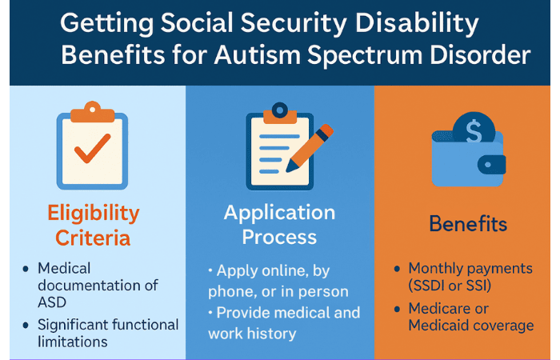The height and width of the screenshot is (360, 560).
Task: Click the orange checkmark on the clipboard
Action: tap(92, 148)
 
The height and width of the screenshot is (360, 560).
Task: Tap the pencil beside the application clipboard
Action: tap(310, 148)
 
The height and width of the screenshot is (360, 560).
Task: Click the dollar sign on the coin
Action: tap(474, 131)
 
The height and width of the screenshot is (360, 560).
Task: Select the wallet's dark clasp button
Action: tap(491, 165)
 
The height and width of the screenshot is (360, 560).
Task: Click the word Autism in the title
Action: tap(257, 55)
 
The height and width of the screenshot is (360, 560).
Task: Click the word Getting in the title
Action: tap(106, 23)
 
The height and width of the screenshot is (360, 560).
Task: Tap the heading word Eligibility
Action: tap(94, 214)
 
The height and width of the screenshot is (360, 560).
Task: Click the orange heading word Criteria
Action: tap(93, 238)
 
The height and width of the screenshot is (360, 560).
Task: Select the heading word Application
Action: tap(280, 214)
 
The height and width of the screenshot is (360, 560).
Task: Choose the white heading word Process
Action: tap(279, 237)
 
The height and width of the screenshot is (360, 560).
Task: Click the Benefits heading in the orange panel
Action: tap(468, 224)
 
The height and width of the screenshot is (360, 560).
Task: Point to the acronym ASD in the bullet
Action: tap(52, 302)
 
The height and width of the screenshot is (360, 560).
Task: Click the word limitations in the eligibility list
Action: tap(73, 342)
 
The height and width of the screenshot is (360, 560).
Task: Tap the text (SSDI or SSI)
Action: tap(450, 286)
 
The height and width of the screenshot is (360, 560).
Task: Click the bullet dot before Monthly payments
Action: tap(397, 269)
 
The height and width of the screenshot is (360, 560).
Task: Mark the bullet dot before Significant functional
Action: tap(26, 325)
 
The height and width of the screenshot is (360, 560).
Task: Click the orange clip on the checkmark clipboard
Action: tap(93, 112)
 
